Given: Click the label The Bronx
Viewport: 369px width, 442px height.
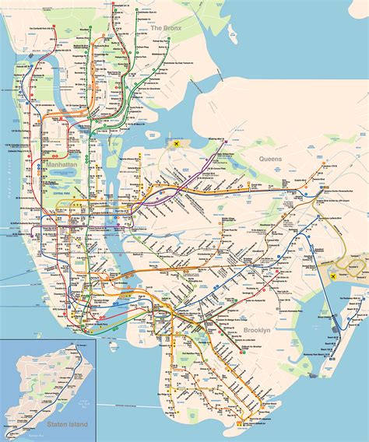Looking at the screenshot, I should (x=165, y=28).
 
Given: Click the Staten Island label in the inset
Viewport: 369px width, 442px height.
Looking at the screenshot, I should (x=65, y=425).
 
